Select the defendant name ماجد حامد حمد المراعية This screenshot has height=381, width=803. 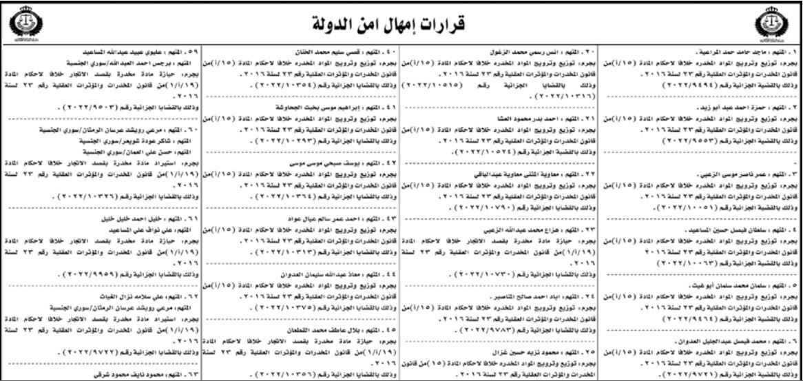716,52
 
